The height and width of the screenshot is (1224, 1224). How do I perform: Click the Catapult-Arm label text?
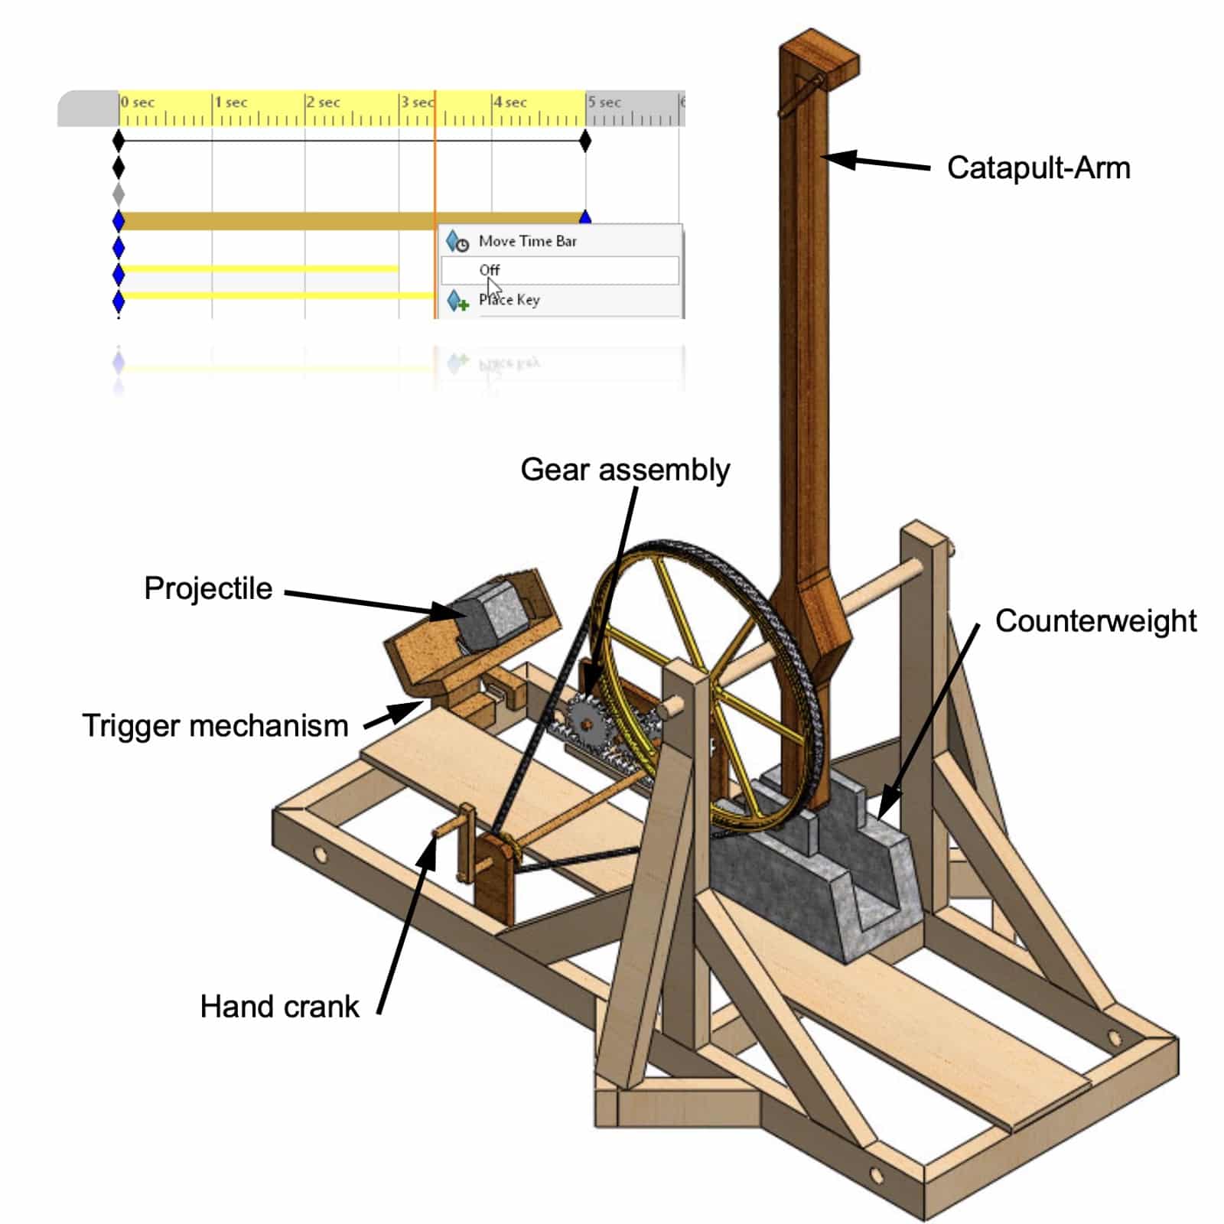tap(1038, 168)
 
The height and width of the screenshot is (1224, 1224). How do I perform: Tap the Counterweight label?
tap(1095, 620)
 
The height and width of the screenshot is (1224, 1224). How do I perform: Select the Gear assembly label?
tap(625, 470)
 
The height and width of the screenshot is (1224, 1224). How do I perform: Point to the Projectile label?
tap(208, 588)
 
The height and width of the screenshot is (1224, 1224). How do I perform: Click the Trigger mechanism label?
tap(215, 725)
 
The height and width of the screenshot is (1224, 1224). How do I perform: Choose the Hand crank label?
tap(279, 1007)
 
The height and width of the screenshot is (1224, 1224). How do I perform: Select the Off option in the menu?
tap(490, 270)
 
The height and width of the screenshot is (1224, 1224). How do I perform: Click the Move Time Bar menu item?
tap(527, 241)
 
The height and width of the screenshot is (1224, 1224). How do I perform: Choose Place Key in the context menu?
tap(509, 300)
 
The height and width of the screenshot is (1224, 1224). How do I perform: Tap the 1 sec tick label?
tap(231, 103)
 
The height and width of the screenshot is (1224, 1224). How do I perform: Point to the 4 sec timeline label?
tap(510, 103)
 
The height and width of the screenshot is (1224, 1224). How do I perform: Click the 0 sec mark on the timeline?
tap(138, 103)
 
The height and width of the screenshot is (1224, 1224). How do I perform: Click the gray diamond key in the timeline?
tap(119, 193)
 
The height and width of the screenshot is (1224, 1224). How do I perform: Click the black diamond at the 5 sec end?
tap(585, 141)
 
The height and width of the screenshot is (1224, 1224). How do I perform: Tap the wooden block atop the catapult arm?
tap(820, 60)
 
